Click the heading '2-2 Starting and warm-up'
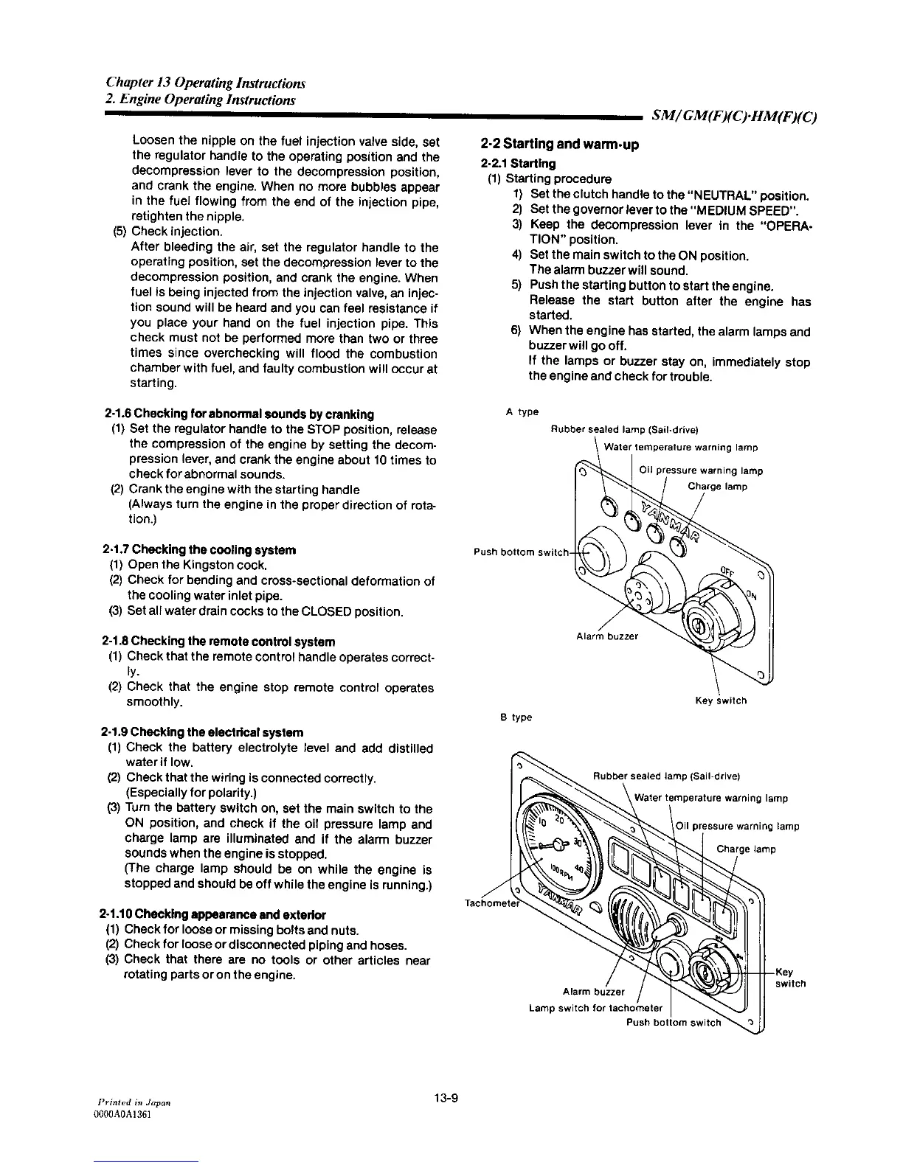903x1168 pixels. pyautogui.click(x=558, y=145)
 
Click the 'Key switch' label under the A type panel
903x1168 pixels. pyautogui.click(x=721, y=701)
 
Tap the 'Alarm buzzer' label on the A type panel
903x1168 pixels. pyautogui.click(x=607, y=636)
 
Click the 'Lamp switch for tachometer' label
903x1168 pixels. pyautogui.click(x=596, y=1008)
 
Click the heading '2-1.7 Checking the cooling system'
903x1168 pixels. pyautogui.click(x=199, y=550)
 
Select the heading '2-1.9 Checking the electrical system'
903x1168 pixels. pyautogui.click(x=201, y=733)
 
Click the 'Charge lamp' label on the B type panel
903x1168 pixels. pyautogui.click(x=746, y=849)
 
